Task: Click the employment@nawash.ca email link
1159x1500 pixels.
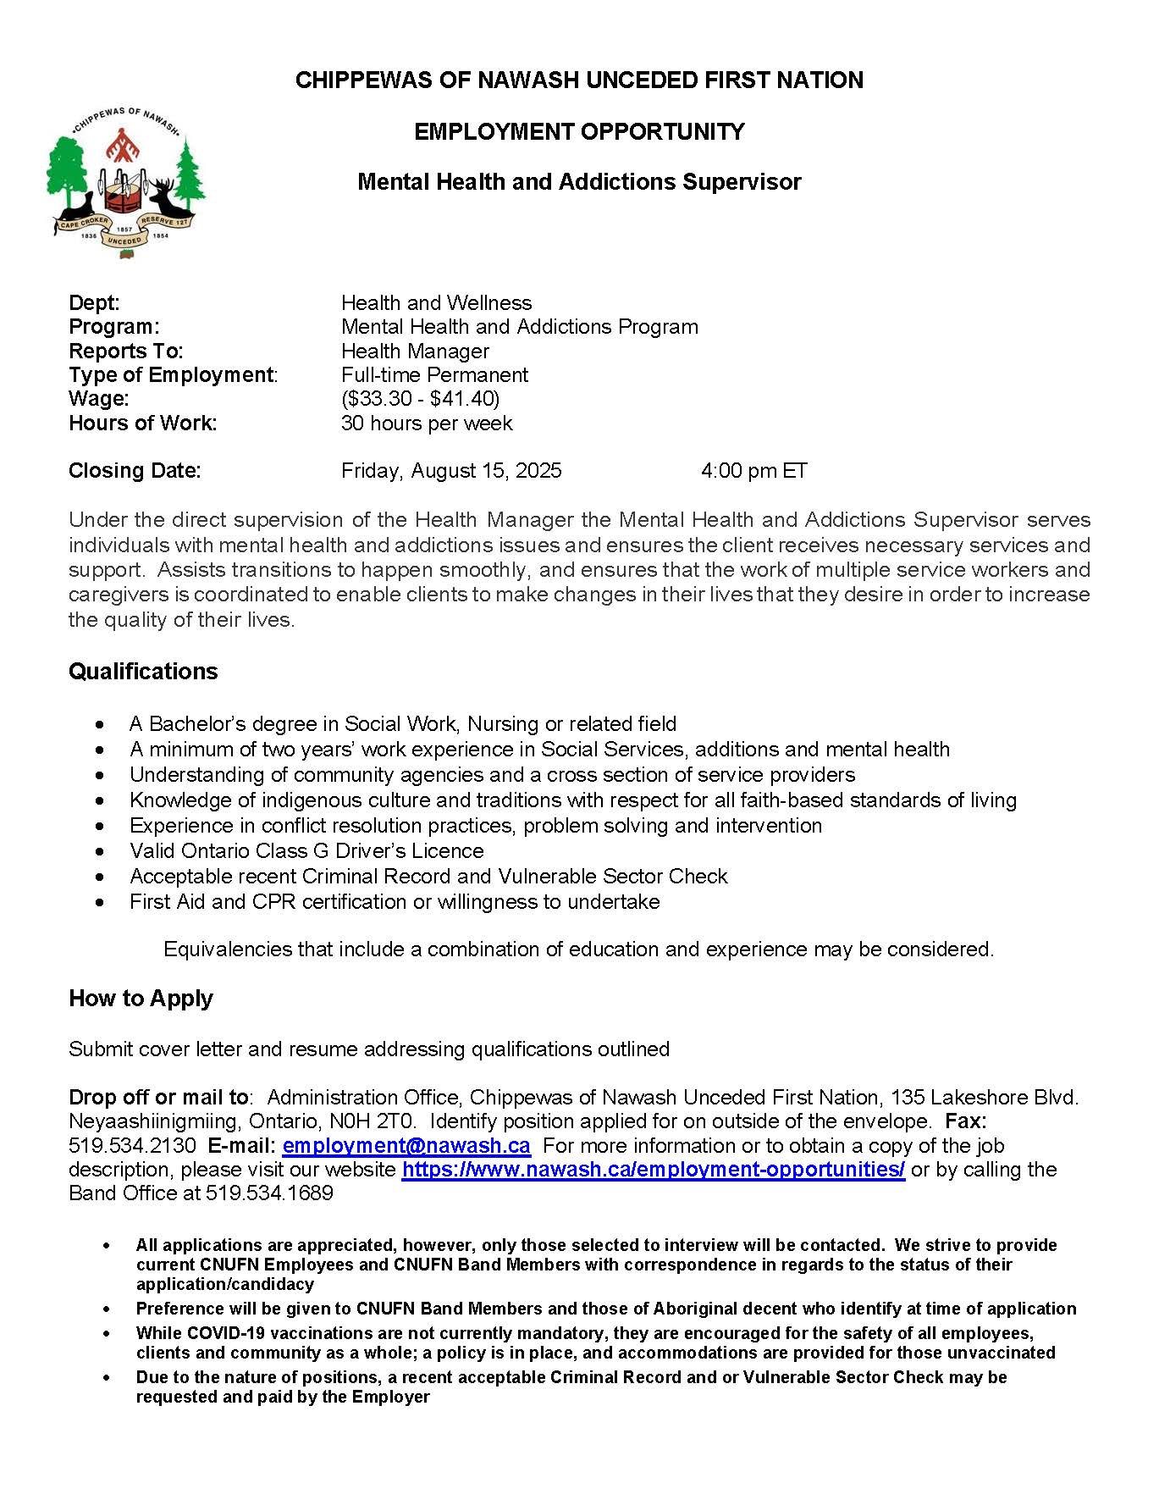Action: [x=406, y=1146]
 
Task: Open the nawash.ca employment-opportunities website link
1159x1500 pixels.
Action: [x=653, y=1170]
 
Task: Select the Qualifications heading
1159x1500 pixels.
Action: [x=143, y=672]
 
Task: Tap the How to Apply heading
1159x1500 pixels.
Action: [x=141, y=999]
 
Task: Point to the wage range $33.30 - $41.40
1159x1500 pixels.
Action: [x=420, y=399]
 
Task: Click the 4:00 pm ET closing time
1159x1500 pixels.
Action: [x=753, y=471]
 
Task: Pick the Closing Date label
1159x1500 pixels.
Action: [x=135, y=471]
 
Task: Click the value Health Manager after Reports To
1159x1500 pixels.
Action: [x=415, y=351]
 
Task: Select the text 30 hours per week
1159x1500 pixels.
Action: [x=427, y=423]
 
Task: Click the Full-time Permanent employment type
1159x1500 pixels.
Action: [x=434, y=375]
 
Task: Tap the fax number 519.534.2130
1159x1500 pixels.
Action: [x=132, y=1146]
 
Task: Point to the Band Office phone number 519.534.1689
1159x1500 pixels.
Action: [x=269, y=1193]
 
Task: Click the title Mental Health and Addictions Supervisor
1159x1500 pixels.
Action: [x=579, y=182]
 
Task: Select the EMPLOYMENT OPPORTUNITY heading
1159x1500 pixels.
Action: [x=579, y=132]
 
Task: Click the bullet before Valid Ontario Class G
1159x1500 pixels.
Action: [x=102, y=851]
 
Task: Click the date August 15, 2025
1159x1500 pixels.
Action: [x=486, y=471]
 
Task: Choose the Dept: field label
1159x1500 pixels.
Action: [x=94, y=303]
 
